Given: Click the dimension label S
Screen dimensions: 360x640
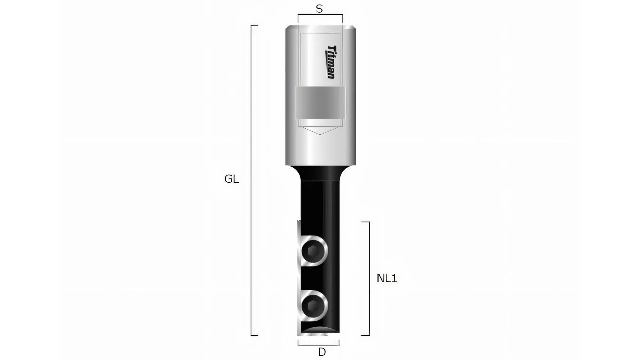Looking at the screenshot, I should point(319,9).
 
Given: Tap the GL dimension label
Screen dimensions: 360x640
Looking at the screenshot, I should point(231,179).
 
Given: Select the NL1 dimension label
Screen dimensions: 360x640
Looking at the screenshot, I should point(387,278).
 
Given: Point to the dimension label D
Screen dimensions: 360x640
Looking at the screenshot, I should point(322,352).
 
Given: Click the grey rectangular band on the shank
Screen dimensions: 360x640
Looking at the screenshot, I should point(320,102).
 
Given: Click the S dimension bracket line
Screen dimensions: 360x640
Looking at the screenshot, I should point(320,14).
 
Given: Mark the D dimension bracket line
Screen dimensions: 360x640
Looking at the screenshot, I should point(318,346).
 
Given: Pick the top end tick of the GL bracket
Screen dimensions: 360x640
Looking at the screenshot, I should point(255,26).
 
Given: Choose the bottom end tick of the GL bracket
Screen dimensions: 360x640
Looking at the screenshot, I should point(255,335).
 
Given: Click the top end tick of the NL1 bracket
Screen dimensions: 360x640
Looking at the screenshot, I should point(365,222).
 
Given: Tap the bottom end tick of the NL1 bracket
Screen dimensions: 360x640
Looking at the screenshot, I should point(365,335).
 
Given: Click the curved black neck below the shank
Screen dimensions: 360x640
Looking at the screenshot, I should point(320,173).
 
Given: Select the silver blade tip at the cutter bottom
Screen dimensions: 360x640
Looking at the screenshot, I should point(312,334).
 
